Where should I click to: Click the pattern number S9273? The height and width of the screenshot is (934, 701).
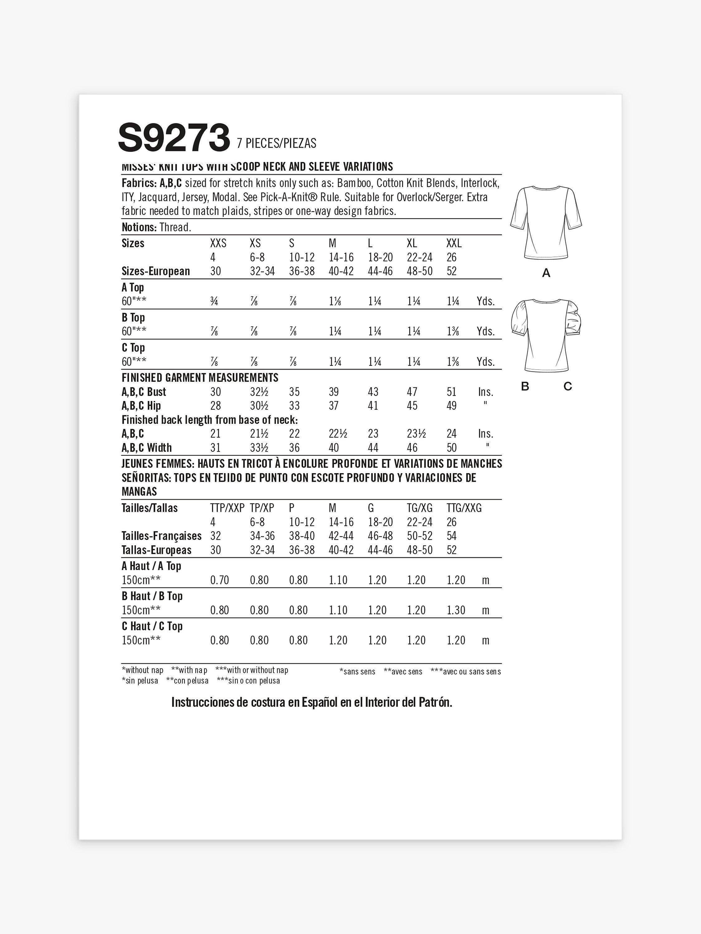pyautogui.click(x=174, y=138)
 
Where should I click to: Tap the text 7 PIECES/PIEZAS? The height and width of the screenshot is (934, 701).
pyautogui.click(x=277, y=144)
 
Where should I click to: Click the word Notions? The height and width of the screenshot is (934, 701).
pyautogui.click(x=139, y=227)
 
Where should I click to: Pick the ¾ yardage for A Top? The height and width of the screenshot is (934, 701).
pyautogui.click(x=214, y=301)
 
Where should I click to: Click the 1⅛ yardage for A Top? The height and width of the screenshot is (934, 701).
pyautogui.click(x=335, y=301)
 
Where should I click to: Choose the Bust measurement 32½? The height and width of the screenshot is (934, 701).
pyautogui.click(x=259, y=392)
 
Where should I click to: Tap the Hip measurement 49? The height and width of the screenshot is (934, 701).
pyautogui.click(x=452, y=406)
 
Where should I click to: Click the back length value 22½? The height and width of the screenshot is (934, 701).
pyautogui.click(x=338, y=434)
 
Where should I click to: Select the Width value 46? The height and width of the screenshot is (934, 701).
pyautogui.click(x=412, y=448)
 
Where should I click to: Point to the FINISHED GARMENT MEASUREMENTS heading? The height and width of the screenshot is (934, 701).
pyautogui.click(x=200, y=377)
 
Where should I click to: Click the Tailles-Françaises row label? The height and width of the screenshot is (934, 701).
pyautogui.click(x=161, y=536)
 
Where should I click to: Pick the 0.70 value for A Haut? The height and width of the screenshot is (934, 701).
pyautogui.click(x=219, y=580)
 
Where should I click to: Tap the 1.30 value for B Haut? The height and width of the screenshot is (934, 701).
pyautogui.click(x=456, y=610)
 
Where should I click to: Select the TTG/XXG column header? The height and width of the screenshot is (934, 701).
pyautogui.click(x=464, y=508)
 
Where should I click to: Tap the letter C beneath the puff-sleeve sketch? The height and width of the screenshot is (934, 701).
pyautogui.click(x=567, y=386)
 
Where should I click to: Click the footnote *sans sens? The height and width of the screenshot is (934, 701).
pyautogui.click(x=357, y=671)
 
